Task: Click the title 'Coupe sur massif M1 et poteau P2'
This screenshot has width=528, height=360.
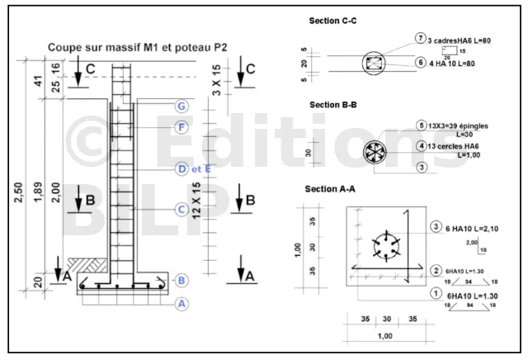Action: coord(137,48)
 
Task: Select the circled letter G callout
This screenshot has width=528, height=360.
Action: coord(181,107)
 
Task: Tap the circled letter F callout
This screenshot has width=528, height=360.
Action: coord(181,127)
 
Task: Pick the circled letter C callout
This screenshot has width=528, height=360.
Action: coord(181,210)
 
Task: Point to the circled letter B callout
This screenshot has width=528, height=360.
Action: coord(181,281)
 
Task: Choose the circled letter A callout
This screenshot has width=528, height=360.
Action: coord(181,303)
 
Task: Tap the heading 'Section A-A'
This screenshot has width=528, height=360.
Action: coord(330,189)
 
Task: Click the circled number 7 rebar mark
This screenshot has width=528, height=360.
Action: coord(420,39)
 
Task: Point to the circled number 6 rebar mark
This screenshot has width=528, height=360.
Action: coord(420,62)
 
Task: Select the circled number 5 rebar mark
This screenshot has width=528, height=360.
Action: coord(421,126)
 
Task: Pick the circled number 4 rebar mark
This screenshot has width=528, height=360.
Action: coord(421,146)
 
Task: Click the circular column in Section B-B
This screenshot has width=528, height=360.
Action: coord(375,153)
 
